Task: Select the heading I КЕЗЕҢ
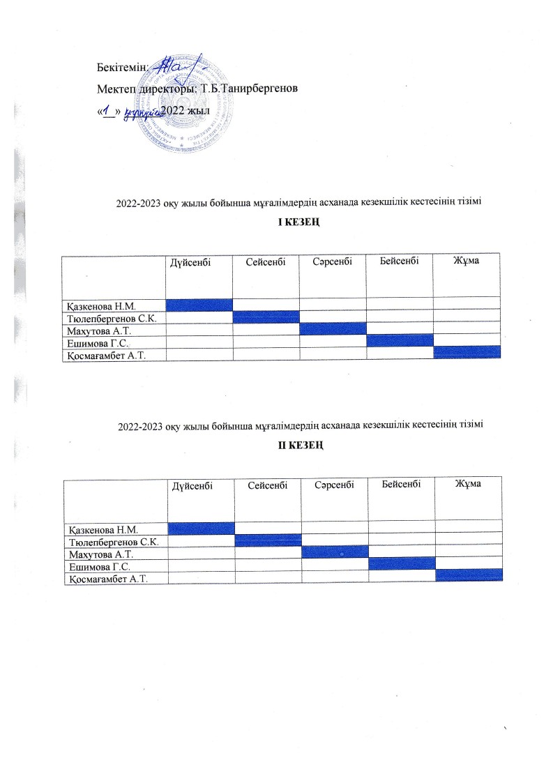coord(300,222)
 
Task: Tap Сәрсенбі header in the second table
coord(334,484)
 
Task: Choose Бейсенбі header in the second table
coord(401,483)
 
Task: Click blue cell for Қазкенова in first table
coord(199,303)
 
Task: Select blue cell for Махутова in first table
coord(333,328)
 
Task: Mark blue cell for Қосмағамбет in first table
coord(467,352)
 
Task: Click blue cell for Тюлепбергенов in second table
coord(268,540)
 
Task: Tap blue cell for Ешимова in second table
coord(402,563)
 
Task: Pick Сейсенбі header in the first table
coord(266,261)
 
